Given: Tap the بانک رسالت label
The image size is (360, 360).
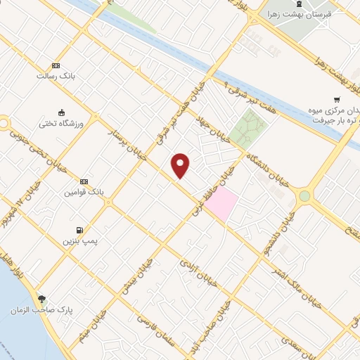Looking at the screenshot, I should point(57,75).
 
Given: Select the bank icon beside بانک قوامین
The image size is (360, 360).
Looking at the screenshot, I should point(84,181).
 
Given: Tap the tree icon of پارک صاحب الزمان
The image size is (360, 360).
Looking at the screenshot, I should point(43,299).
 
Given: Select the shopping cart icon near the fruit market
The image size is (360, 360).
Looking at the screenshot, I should point(337,99).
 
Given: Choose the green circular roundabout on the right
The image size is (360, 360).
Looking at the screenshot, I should point(304,196).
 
